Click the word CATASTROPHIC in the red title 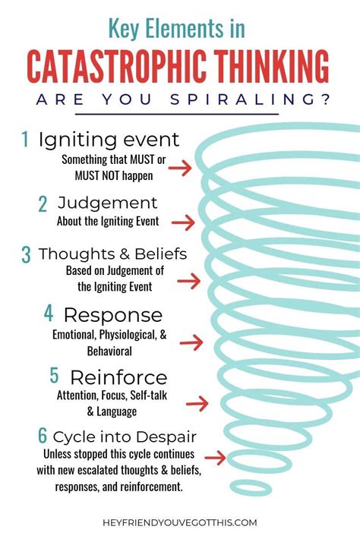point(117,66)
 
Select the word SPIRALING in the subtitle point(250,99)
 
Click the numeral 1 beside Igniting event point(25,139)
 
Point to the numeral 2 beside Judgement point(43,203)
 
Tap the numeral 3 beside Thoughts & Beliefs point(26,255)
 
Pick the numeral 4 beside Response point(49,314)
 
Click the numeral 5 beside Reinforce point(55,375)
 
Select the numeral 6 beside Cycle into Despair point(43,435)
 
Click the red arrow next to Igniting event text point(180,168)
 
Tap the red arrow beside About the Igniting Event point(183,222)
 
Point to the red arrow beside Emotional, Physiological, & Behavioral point(191,342)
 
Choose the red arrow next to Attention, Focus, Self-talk point(197,403)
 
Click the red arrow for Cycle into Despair point(215,458)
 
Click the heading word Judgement point(108,203)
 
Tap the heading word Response point(113,315)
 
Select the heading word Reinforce point(118,377)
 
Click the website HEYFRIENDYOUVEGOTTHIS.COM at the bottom point(180,522)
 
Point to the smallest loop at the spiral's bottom point(251,488)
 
